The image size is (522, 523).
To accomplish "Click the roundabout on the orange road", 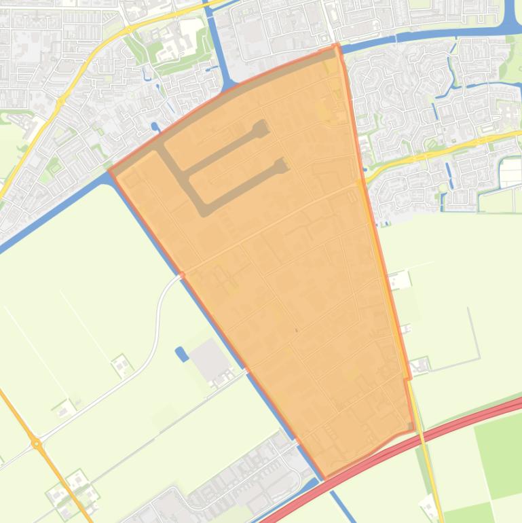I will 37,445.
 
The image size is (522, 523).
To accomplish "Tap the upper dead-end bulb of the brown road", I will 261,127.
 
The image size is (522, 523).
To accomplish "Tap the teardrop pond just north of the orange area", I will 155,126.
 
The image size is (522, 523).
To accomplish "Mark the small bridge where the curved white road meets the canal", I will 181,275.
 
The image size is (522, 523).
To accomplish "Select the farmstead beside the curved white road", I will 122,365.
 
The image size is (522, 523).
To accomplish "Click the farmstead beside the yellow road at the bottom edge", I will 430,506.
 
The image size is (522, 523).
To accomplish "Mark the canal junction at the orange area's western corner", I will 110,172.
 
